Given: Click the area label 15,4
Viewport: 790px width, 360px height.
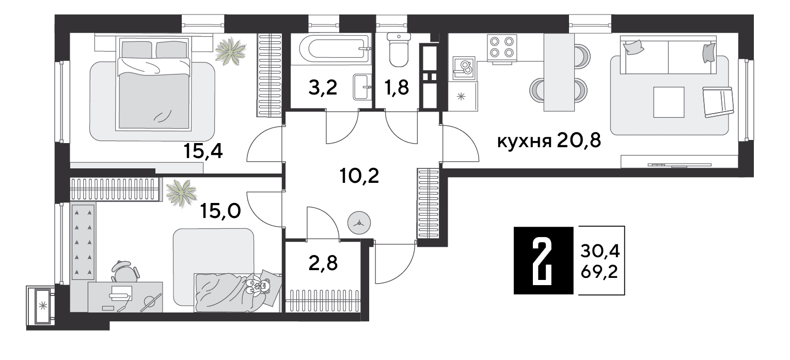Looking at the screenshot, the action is (203, 152).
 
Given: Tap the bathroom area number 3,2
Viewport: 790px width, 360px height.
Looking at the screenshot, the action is (323, 88).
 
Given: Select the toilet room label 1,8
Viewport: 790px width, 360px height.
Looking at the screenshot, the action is (397, 88).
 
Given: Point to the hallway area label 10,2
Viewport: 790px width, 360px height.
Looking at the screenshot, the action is (359, 176).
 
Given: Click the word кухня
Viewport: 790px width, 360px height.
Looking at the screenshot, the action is (524, 142).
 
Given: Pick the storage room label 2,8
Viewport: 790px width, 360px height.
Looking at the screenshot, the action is (323, 263).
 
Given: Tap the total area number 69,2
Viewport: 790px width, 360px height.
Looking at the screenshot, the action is (599, 273).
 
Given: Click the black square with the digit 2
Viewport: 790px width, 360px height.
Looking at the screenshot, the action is (544, 260).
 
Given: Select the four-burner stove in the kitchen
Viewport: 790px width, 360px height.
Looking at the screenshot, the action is (501, 48).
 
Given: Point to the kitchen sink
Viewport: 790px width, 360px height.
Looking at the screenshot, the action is (464, 68).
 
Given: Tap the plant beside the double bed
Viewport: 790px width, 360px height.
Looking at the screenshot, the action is (231, 51).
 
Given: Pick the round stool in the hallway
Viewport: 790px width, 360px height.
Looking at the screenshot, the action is (359, 223).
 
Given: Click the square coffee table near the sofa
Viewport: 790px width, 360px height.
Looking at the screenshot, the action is (669, 102).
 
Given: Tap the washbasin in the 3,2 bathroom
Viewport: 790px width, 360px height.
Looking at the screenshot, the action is (362, 87).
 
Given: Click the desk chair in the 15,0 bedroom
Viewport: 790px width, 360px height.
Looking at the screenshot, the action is (125, 271).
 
